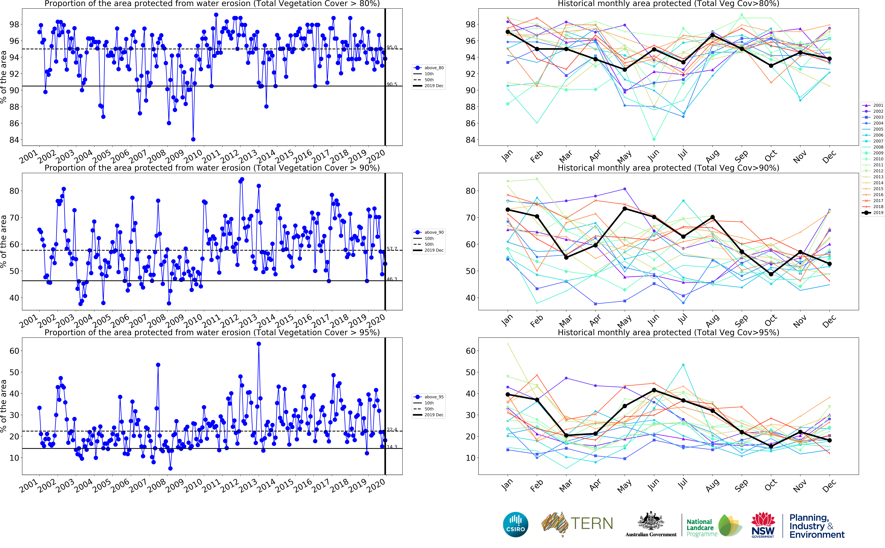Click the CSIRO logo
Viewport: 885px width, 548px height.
click(x=515, y=524)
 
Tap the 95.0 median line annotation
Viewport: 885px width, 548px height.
click(x=392, y=47)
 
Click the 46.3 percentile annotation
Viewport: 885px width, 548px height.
click(x=392, y=279)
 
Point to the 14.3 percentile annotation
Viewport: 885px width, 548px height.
click(x=392, y=446)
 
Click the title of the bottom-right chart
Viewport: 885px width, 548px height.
click(x=668, y=332)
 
